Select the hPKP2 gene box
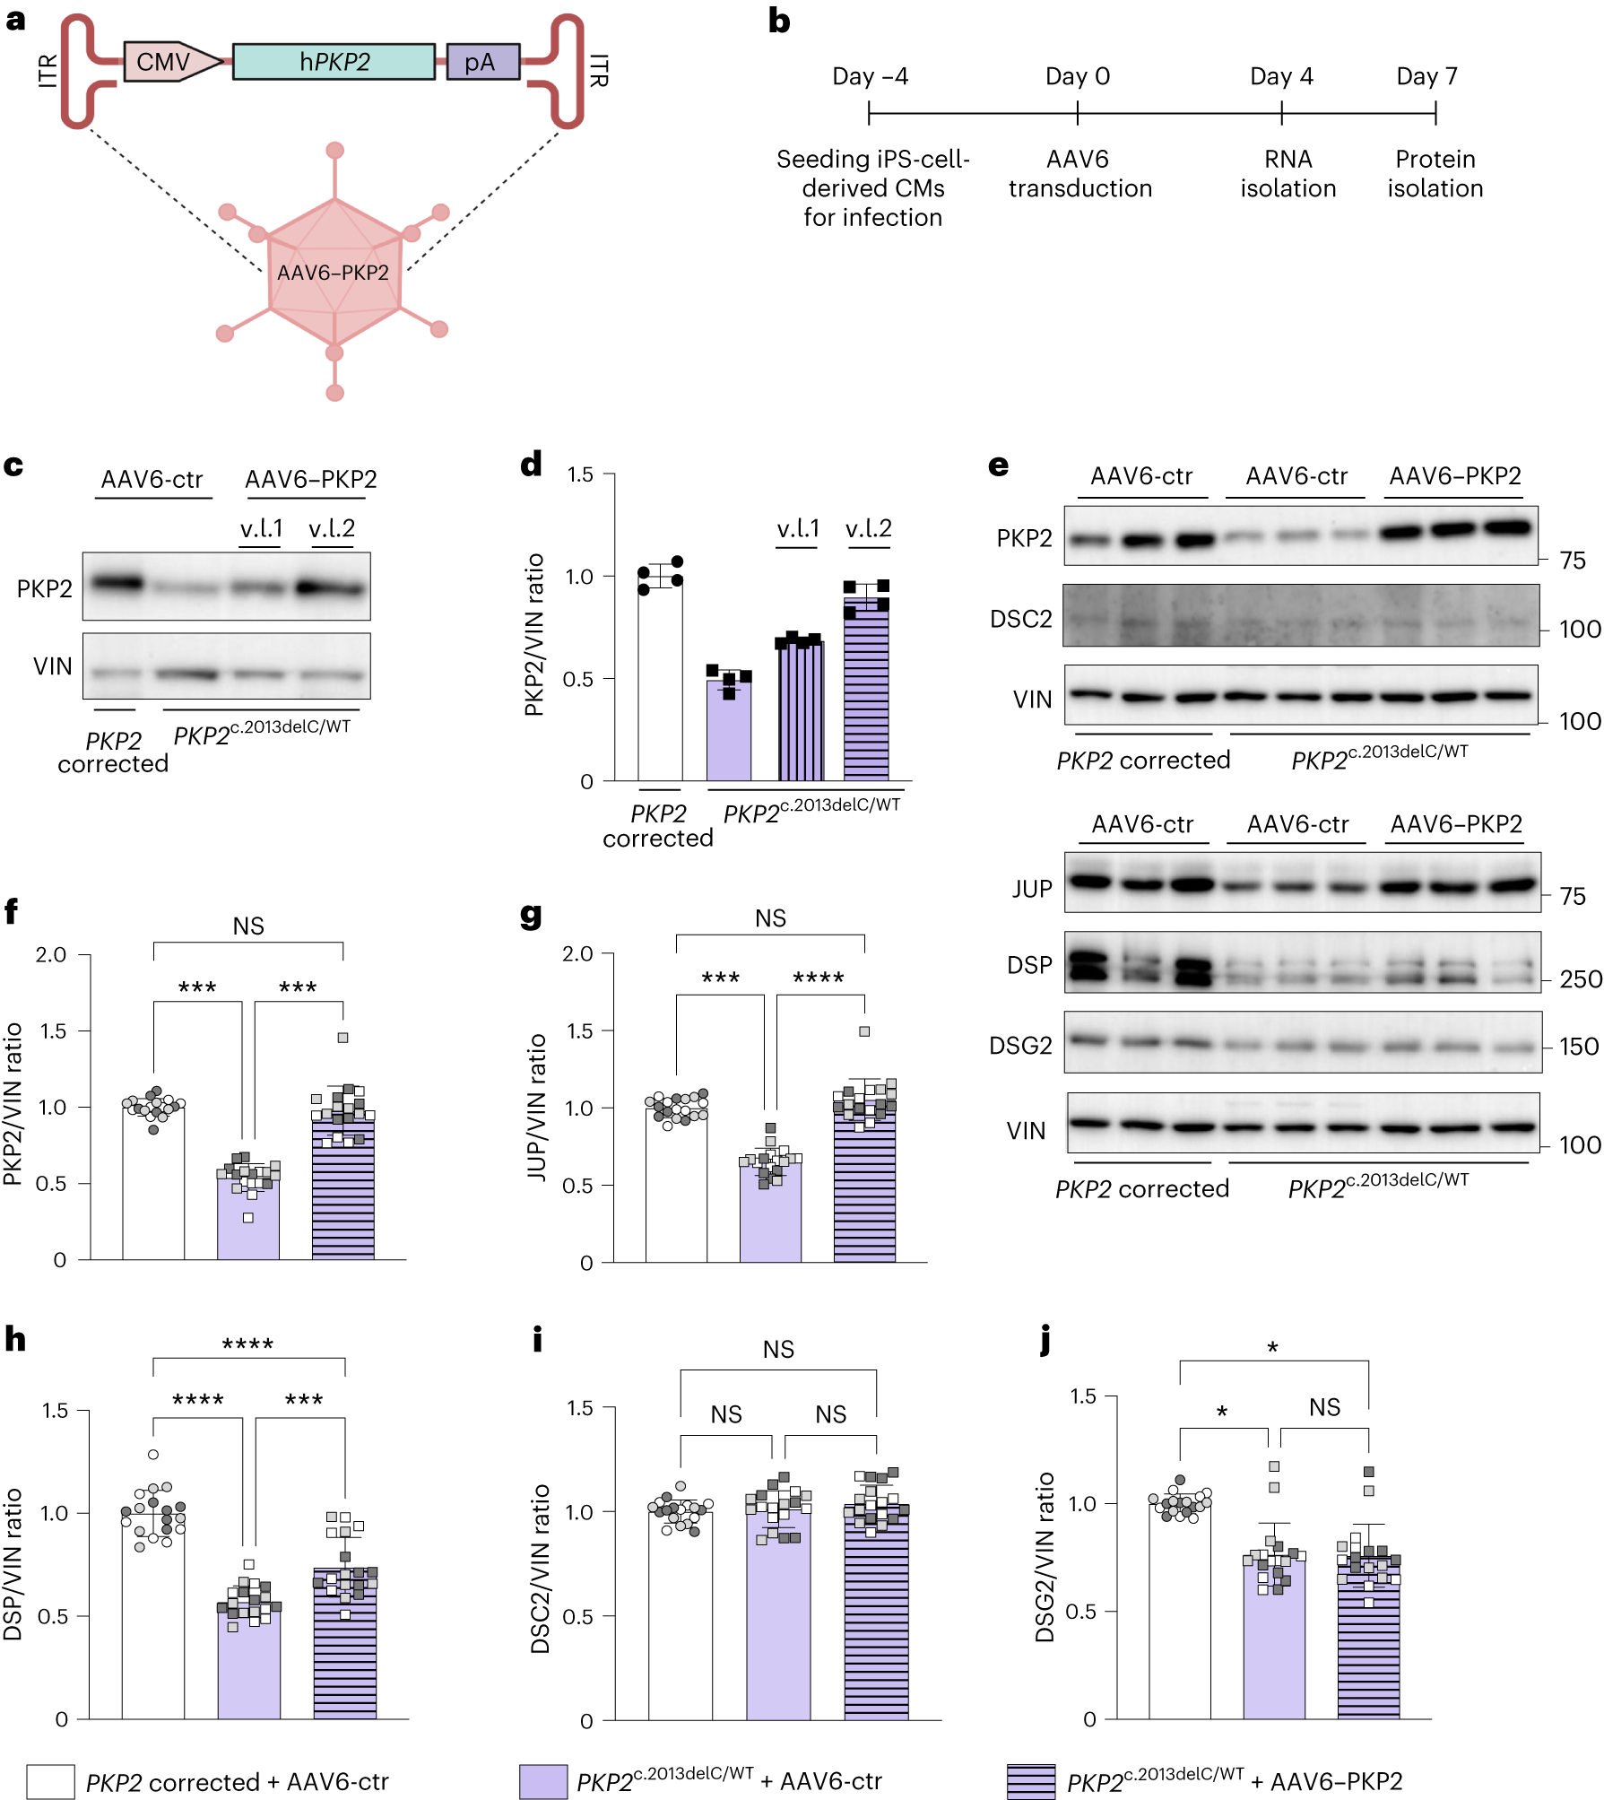coord(334,62)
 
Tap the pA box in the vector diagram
coord(482,62)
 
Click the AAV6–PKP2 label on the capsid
coord(333,273)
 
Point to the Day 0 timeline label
coord(1077,76)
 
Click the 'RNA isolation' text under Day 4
coord(1288,174)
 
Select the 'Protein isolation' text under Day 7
coord(1435,174)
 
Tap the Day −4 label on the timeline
coord(870,76)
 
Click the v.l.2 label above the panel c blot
coord(332,528)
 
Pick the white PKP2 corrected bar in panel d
coord(660,682)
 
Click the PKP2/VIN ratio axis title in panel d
coord(534,635)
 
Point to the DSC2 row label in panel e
coord(1020,619)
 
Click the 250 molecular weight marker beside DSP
coord(1580,978)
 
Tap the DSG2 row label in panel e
coord(1020,1046)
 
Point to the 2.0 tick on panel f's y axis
coord(51,954)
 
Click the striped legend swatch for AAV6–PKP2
coord(1030,1781)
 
